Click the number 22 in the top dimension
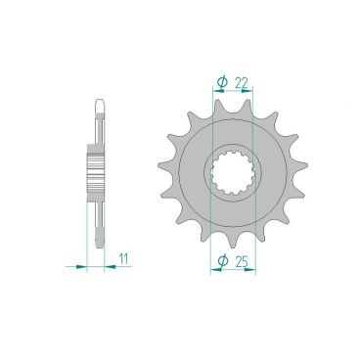[x=241, y=83]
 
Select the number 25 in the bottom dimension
[x=242, y=261]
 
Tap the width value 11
[x=123, y=259]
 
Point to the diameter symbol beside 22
[x=222, y=83]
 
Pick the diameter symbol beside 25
[x=222, y=261]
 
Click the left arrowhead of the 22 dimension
[x=218, y=91]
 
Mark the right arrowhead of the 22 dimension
[x=247, y=91]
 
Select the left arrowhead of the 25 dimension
[x=216, y=270]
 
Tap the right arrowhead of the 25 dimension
[x=250, y=270]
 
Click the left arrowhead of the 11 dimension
[x=81, y=267]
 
